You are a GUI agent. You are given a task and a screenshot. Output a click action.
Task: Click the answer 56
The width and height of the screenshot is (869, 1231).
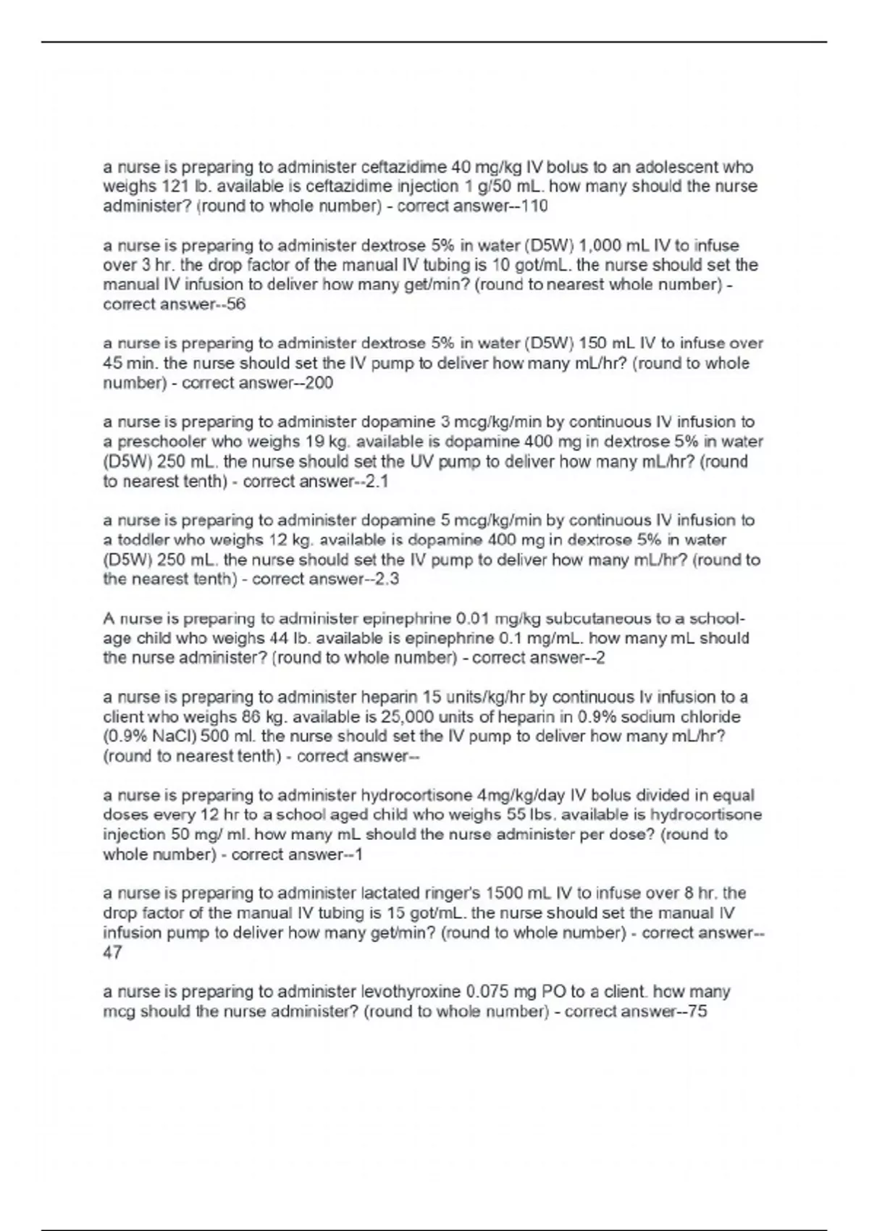point(236,305)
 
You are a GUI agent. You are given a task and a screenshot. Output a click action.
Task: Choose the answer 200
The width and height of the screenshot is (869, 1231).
point(319,383)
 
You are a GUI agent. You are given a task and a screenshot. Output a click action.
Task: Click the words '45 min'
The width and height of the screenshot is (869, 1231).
point(129,364)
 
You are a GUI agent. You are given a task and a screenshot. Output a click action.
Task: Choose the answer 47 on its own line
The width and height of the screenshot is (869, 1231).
point(113,953)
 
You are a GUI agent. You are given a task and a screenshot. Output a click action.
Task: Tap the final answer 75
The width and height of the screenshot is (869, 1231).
point(697,1012)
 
